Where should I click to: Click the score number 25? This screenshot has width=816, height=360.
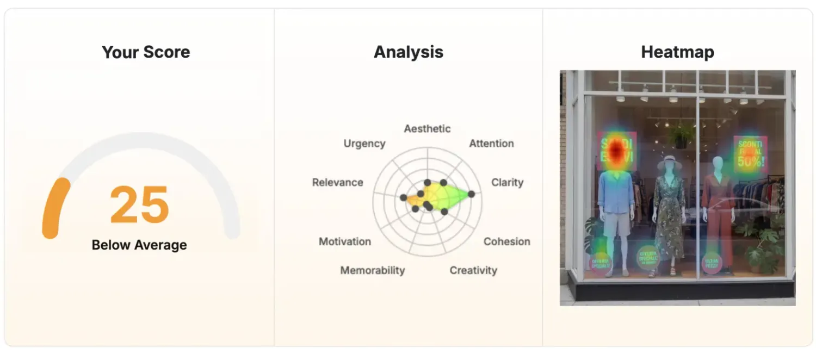pyautogui.click(x=139, y=206)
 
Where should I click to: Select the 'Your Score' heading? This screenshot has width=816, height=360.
pyautogui.click(x=146, y=52)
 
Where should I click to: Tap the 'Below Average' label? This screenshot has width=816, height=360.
pyautogui.click(x=139, y=245)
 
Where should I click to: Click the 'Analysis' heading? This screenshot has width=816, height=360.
pyautogui.click(x=409, y=52)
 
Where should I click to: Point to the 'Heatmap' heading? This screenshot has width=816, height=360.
pyautogui.click(x=677, y=52)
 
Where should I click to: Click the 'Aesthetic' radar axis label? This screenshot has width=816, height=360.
pyautogui.click(x=427, y=129)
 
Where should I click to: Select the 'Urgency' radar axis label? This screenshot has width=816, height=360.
pyautogui.click(x=364, y=144)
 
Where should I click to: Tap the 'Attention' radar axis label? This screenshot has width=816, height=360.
pyautogui.click(x=491, y=144)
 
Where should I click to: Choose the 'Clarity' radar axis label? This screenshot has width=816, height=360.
pyautogui.click(x=507, y=182)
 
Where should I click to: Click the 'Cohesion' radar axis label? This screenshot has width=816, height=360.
pyautogui.click(x=506, y=241)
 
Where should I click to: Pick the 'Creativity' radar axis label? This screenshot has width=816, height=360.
pyautogui.click(x=473, y=270)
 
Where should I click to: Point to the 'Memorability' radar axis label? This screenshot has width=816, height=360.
pyautogui.click(x=373, y=270)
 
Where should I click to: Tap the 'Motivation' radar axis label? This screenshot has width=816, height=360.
pyautogui.click(x=345, y=241)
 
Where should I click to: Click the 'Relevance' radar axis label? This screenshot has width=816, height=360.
pyautogui.click(x=337, y=182)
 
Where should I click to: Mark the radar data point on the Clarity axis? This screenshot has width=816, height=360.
pyautogui.click(x=471, y=194)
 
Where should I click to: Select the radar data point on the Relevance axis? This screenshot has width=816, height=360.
pyautogui.click(x=403, y=197)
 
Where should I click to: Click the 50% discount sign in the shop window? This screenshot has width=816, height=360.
pyautogui.click(x=750, y=153)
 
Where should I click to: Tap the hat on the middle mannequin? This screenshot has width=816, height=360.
pyautogui.click(x=669, y=162)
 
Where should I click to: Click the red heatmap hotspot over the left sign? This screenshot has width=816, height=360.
pyautogui.click(x=617, y=151)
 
